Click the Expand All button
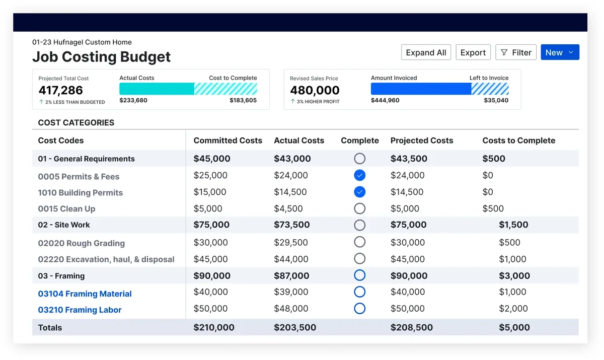tap(426, 52)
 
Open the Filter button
tap(516, 52)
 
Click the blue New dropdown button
tap(560, 52)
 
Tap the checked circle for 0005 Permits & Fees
tap(359, 175)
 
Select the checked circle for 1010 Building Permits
tap(359, 192)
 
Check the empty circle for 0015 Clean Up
tap(359, 208)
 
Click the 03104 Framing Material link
tap(85, 294)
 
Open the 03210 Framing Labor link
tap(80, 310)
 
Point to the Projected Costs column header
tap(422, 140)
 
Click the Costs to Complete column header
tap(518, 140)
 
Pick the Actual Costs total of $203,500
tap(295, 327)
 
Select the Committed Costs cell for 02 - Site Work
tap(211, 225)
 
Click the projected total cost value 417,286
tap(61, 91)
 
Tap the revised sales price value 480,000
tap(315, 91)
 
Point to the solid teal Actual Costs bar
tap(157, 89)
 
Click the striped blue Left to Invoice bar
tap(490, 89)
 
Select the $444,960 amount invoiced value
tap(385, 100)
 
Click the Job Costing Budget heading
tap(101, 57)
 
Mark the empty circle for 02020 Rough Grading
tap(359, 242)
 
